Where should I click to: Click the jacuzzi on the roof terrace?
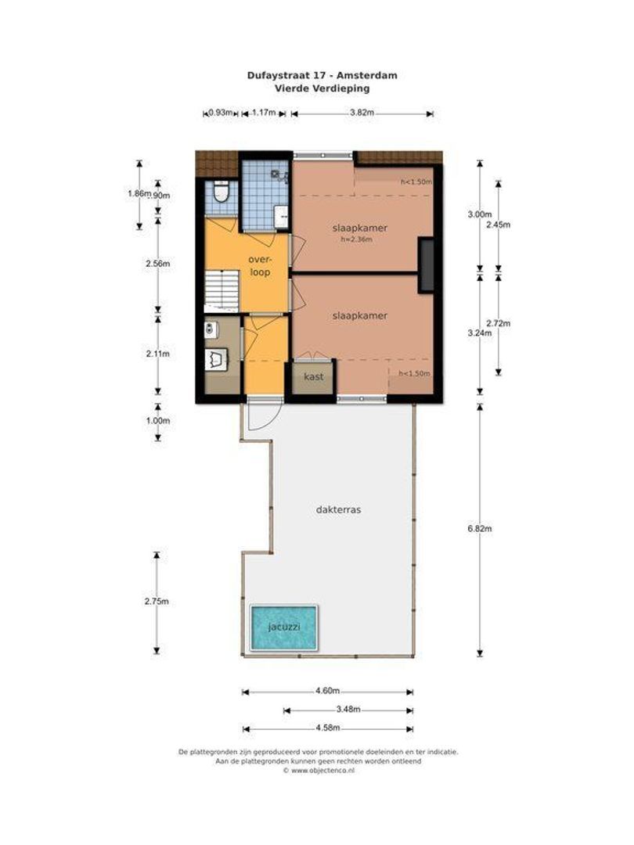pyautogui.click(x=283, y=627)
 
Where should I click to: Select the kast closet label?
pyautogui.click(x=313, y=376)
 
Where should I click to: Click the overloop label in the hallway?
pyautogui.click(x=260, y=266)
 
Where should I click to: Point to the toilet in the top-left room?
pyautogui.click(x=221, y=192)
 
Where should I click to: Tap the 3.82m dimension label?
pyautogui.click(x=362, y=113)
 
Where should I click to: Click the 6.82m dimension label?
pyautogui.click(x=479, y=529)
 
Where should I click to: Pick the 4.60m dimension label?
pyautogui.click(x=326, y=691)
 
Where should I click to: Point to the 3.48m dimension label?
pyautogui.click(x=348, y=710)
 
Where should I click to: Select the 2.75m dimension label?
pyautogui.click(x=157, y=602)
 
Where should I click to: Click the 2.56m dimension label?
pyautogui.click(x=157, y=264)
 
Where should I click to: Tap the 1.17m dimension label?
pyautogui.click(x=264, y=113)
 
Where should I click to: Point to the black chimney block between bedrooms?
pyautogui.click(x=426, y=264)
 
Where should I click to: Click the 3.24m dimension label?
pyautogui.click(x=479, y=333)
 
